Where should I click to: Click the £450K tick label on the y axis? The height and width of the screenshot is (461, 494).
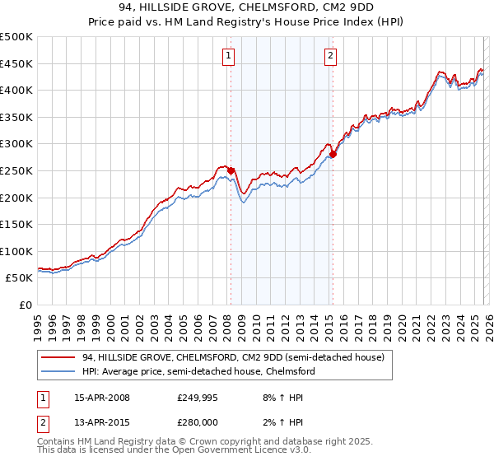pyautogui.click(x=16, y=63)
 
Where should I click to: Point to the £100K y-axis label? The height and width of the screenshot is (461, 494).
pyautogui.click(x=16, y=251)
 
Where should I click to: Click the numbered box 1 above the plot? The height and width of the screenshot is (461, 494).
pyautogui.click(x=227, y=56)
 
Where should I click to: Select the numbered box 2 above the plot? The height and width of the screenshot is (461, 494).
pyautogui.click(x=330, y=56)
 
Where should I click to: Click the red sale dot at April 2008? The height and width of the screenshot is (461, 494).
pyautogui.click(x=231, y=171)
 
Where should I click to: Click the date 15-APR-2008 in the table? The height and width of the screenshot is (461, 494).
pyautogui.click(x=101, y=398)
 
